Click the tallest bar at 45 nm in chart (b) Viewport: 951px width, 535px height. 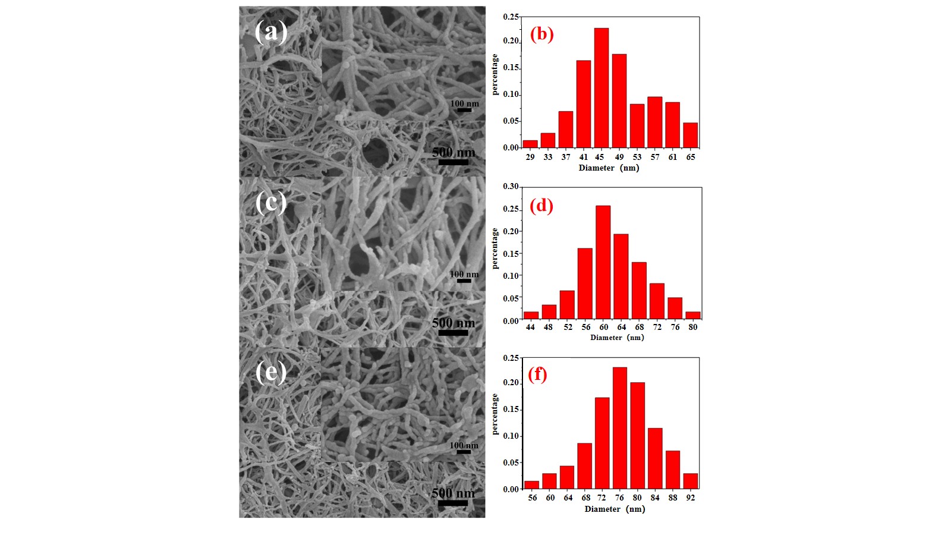601,88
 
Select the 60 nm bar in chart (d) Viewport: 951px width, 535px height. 603,263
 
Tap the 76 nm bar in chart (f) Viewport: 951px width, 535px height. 619,428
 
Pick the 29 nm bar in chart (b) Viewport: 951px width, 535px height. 530,144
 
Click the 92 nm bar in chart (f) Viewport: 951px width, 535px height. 690,481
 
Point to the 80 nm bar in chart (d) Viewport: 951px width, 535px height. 692,316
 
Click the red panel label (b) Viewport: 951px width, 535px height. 541,34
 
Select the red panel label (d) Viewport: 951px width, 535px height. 541,206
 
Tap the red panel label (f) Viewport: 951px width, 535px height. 537,374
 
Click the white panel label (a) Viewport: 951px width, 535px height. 271,32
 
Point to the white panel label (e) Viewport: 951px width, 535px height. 271,373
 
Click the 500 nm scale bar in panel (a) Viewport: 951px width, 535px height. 453,161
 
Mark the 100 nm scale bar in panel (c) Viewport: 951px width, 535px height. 464,281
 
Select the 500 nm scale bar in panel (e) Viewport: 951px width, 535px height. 452,503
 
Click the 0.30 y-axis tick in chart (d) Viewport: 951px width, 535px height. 511,187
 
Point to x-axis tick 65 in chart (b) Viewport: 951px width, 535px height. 690,157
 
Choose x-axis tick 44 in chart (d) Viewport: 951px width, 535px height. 530,327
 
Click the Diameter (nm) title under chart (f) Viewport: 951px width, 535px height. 615,509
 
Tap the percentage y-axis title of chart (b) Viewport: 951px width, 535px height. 495,75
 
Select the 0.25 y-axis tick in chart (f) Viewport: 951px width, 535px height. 511,358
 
